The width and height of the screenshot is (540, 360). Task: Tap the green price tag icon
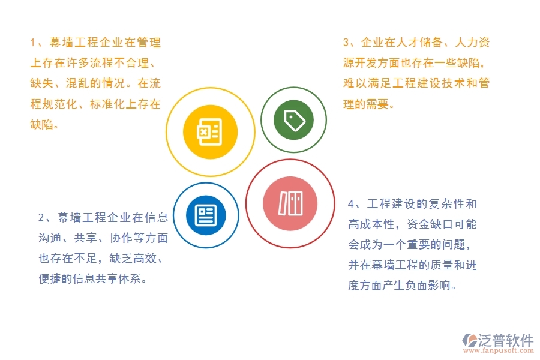pyautogui.click(x=294, y=120)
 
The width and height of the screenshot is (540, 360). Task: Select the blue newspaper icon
pyautogui.click(x=206, y=215)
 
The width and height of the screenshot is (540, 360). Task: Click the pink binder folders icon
pyautogui.click(x=291, y=203)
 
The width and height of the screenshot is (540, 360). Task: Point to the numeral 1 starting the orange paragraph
pyautogui.click(x=33, y=43)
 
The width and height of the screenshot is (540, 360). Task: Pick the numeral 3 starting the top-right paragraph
pyautogui.click(x=346, y=43)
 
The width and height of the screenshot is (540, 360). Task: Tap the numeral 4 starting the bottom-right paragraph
pyautogui.click(x=351, y=204)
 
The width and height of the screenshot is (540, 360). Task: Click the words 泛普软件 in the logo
pyautogui.click(x=505, y=340)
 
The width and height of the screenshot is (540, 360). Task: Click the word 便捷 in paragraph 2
pyautogui.click(x=52, y=279)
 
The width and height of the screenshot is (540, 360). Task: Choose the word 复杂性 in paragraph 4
pyautogui.click(x=443, y=204)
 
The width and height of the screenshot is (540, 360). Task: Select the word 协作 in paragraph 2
pyautogui.click(x=121, y=238)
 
